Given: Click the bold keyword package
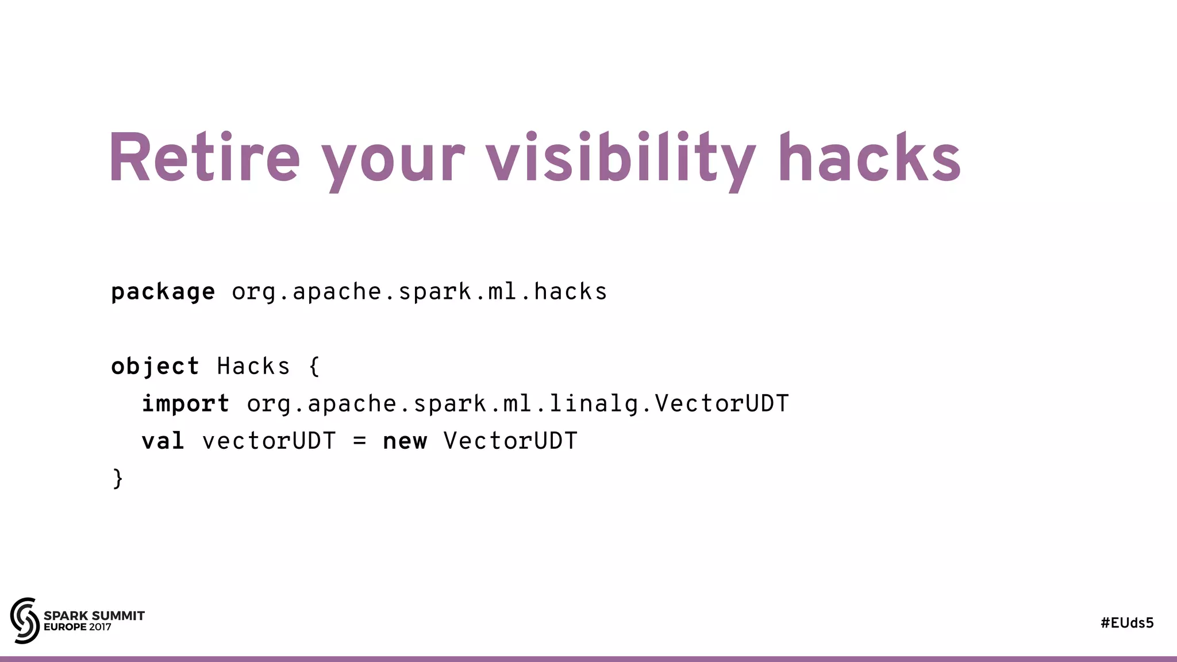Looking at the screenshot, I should pyautogui.click(x=163, y=292).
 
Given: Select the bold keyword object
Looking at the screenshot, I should pyautogui.click(x=155, y=367).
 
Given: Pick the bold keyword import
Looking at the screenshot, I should pyautogui.click(x=186, y=404).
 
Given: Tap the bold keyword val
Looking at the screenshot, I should pyautogui.click(x=163, y=441).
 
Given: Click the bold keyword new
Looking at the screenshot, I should pyautogui.click(x=405, y=441).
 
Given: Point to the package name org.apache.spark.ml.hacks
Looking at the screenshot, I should pyautogui.click(x=420, y=292).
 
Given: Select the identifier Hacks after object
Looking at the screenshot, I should pyautogui.click(x=253, y=367).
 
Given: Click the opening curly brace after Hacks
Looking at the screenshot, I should pyautogui.click(x=314, y=367).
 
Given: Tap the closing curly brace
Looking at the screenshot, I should pyautogui.click(x=118, y=479).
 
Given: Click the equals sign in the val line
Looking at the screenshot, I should pyautogui.click(x=359, y=441).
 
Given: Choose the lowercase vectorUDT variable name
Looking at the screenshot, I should pyautogui.click(x=269, y=441).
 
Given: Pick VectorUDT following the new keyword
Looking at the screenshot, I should pyautogui.click(x=510, y=441).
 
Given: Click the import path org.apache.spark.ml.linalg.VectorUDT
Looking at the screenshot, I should pyautogui.click(x=518, y=404).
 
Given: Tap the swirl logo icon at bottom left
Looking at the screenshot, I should pyautogui.click(x=25, y=620).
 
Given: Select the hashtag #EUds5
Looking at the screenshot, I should pyautogui.click(x=1127, y=623).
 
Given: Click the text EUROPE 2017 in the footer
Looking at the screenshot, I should pyautogui.click(x=78, y=627).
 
